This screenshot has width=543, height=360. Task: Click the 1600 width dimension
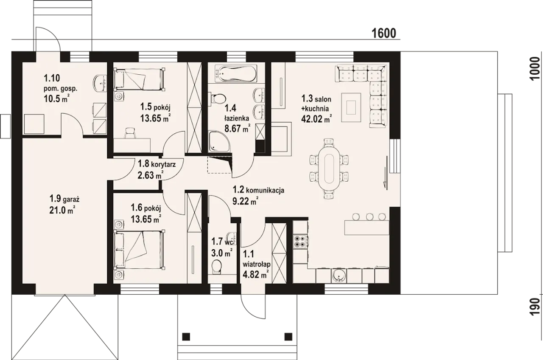coord(384,33)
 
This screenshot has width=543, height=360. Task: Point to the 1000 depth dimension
coord(535,68)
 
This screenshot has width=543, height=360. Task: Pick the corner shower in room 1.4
coord(218,141)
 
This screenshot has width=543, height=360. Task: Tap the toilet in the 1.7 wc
coord(217,266)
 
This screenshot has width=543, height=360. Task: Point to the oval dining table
coord(329,168)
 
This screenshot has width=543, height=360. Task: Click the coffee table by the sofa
coord(351,107)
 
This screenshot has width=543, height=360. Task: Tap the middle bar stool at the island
coord(369,217)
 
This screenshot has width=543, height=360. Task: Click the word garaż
coord(71,200)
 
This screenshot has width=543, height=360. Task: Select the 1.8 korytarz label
coord(157,163)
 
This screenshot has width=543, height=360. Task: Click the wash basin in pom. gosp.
coord(100,84)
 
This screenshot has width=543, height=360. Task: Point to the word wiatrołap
coord(257,264)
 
